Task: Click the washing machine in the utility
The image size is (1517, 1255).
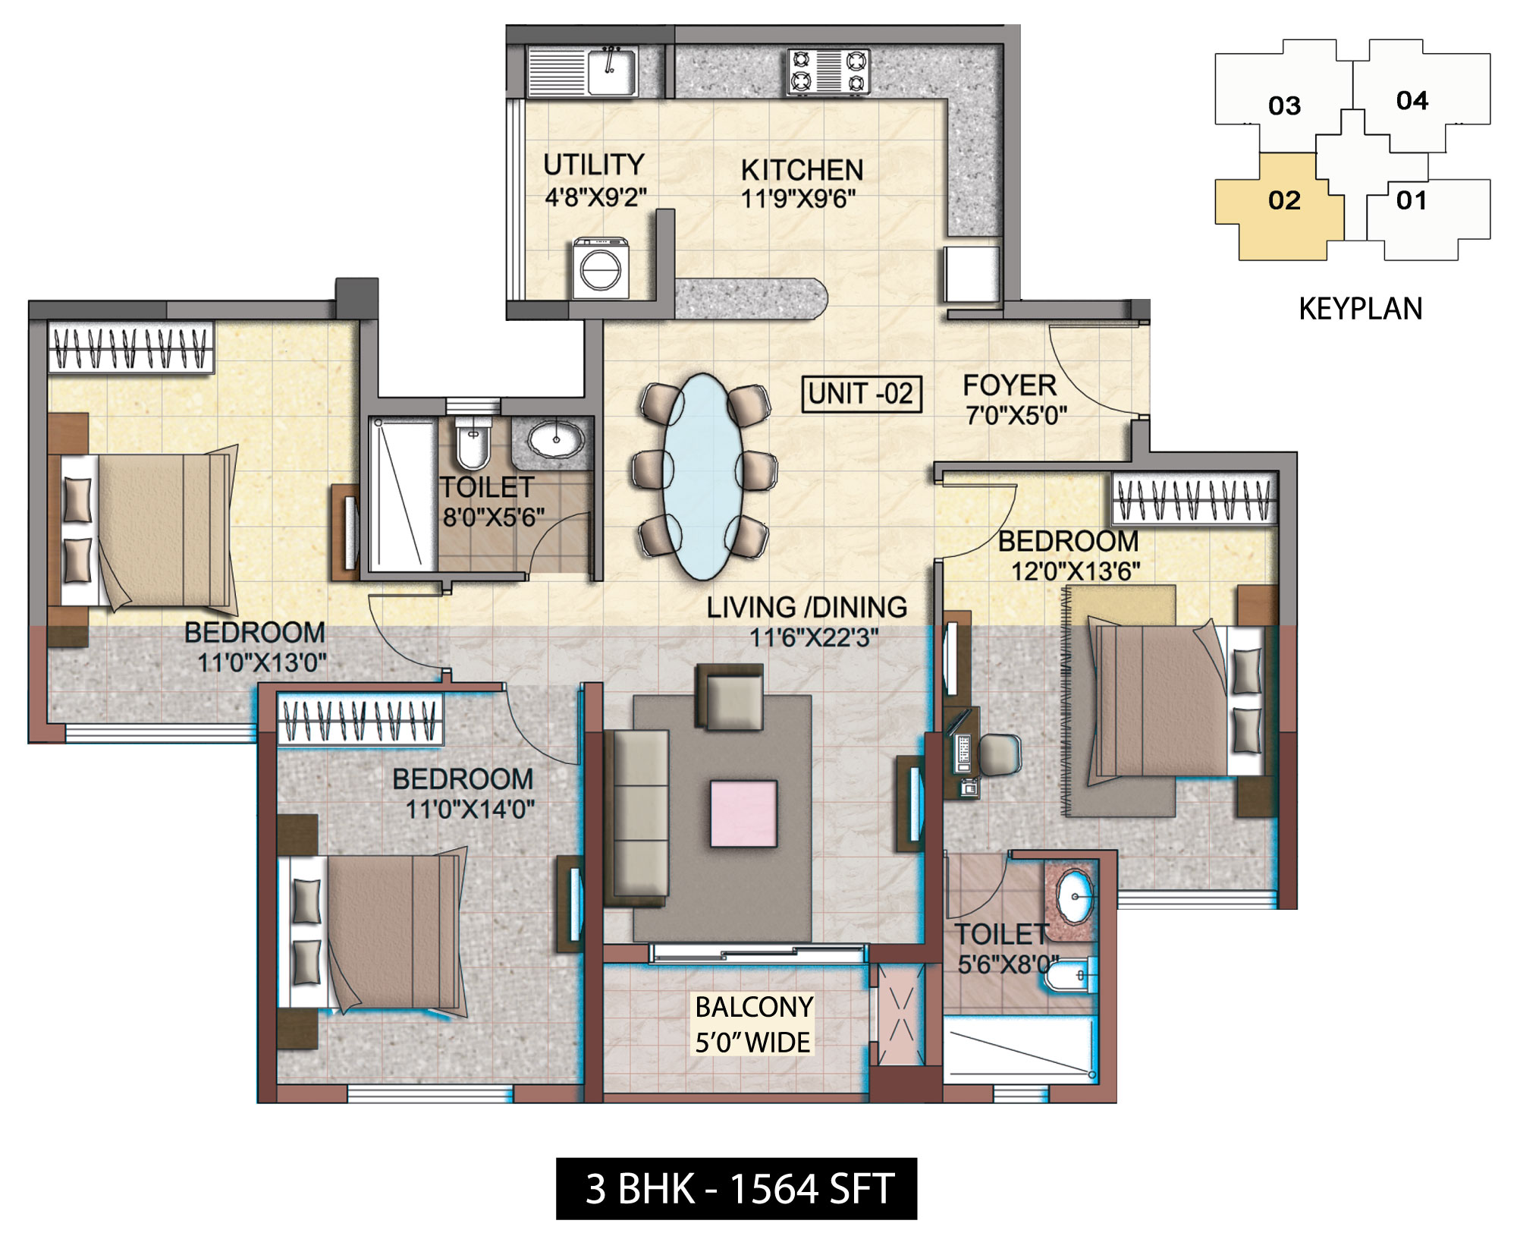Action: [x=601, y=269]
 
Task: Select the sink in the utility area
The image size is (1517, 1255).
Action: [x=613, y=70]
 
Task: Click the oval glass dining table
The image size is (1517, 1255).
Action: [x=702, y=477]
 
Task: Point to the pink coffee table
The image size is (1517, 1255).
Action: [x=743, y=813]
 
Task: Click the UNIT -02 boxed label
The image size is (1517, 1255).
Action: [x=862, y=394]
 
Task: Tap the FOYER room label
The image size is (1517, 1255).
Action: [x=1010, y=386]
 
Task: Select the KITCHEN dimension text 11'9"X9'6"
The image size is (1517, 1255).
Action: [x=798, y=199]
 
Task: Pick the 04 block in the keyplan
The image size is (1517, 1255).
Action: [x=1412, y=100]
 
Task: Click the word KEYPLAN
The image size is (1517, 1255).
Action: [x=1360, y=309]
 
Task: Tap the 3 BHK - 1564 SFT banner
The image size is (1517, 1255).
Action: [x=737, y=1189]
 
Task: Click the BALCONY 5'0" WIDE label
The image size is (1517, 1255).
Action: [x=753, y=1024]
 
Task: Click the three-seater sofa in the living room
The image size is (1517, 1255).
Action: [x=640, y=813]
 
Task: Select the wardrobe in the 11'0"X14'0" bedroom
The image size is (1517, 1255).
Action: [x=360, y=721]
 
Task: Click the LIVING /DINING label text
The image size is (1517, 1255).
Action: [x=806, y=608]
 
